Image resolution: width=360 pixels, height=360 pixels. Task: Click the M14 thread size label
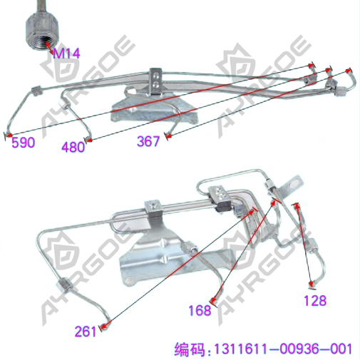(66, 53)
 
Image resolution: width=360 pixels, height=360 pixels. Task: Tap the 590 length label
(24, 143)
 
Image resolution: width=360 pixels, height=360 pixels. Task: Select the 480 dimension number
(73, 147)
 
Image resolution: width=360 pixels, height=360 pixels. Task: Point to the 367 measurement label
(148, 141)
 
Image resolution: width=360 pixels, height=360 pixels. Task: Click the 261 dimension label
(86, 331)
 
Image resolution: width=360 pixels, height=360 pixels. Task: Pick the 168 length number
(200, 310)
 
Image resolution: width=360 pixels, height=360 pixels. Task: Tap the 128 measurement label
(315, 300)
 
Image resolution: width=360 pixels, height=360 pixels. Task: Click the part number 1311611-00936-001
(283, 349)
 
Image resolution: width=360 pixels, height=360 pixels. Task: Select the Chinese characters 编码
(190, 349)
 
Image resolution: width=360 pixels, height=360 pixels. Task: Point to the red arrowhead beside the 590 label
(9, 135)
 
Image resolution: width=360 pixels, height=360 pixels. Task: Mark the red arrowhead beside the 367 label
(168, 136)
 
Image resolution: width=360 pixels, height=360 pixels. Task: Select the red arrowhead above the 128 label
(297, 206)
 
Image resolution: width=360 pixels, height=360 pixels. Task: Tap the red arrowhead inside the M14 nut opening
(48, 44)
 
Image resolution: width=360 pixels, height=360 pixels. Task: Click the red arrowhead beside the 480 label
(88, 140)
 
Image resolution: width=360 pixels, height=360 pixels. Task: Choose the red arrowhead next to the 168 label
(214, 299)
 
